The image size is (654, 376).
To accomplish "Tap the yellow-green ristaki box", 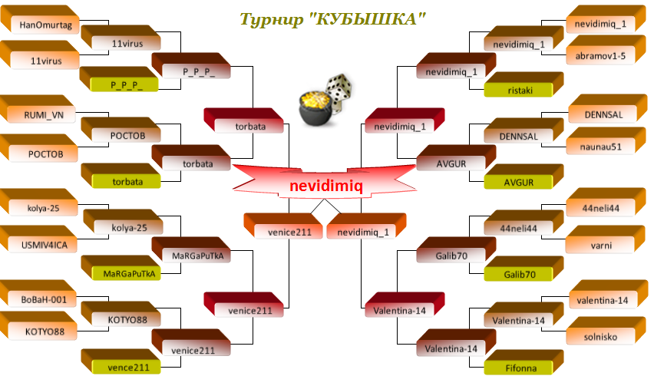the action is coord(524,84).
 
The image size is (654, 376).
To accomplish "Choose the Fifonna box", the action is coord(524,362).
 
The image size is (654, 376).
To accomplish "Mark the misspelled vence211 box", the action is coord(121,362).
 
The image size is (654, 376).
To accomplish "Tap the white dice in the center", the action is coord(339,92).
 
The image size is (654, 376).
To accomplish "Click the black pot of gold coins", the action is coord(316,109).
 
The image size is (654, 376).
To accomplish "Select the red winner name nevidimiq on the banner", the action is coord(326,186).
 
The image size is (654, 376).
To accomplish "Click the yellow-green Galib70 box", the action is coord(524,269).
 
